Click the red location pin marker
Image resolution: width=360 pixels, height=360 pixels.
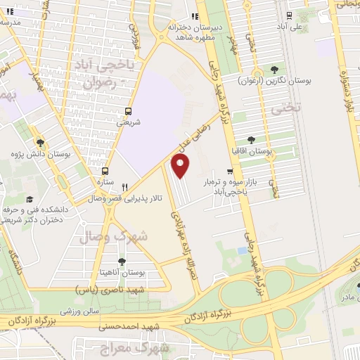coord(181,166)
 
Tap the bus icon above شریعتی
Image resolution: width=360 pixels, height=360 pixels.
coord(128,110)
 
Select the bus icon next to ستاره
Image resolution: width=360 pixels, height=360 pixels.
coord(105,171)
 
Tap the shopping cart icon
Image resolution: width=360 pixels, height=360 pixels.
coord(230,172)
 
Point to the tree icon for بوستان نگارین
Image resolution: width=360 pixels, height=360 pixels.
coord(275,70)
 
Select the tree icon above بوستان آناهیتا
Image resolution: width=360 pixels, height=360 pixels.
coord(122,261)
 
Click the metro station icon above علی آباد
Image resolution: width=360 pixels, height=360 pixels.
coord(288,15)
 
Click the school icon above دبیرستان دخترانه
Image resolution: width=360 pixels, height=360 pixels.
coord(196,16)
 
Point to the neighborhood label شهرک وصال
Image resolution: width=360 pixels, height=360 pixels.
coord(114,237)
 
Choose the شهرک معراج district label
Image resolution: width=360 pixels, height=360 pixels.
coord(160,348)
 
